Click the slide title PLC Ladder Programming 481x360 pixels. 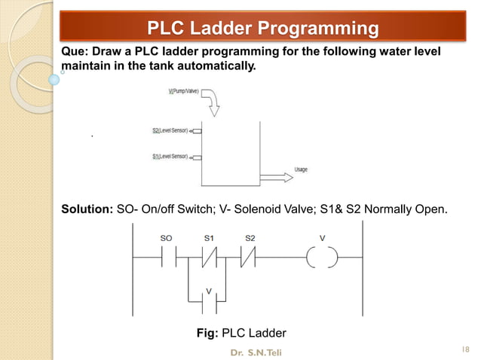[x=262, y=29]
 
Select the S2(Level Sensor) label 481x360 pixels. [x=170, y=131]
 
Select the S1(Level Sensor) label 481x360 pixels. [x=170, y=157]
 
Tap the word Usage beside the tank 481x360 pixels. [x=301, y=169]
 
